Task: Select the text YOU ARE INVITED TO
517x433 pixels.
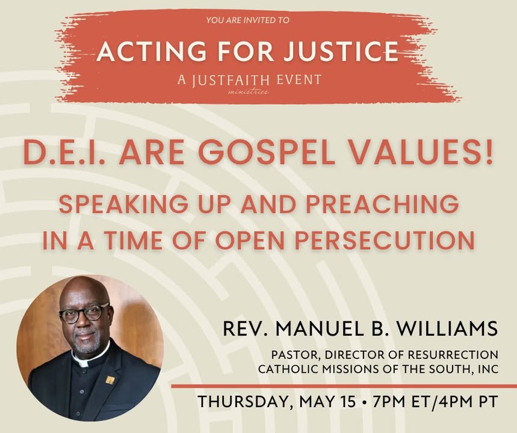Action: [247, 20]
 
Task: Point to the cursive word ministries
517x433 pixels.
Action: [248, 91]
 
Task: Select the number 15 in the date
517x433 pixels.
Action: [348, 402]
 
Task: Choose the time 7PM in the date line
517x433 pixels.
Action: [388, 402]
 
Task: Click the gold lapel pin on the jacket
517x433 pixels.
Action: [110, 380]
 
